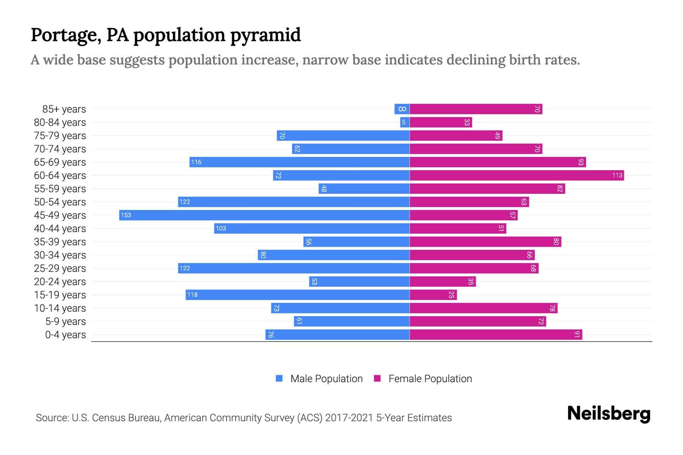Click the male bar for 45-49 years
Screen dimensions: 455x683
(264, 215)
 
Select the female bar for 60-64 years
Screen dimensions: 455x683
(516, 175)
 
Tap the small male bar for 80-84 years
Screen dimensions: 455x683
(404, 122)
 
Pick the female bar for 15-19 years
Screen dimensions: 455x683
(433, 295)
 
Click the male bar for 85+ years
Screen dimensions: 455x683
(402, 109)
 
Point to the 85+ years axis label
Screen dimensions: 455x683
(64, 109)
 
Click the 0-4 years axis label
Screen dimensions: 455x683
(65, 335)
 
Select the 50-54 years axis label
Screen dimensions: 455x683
(60, 202)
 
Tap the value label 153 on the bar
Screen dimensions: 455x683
(126, 215)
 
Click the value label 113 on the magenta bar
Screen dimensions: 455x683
(617, 175)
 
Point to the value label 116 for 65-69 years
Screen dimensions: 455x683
(196, 162)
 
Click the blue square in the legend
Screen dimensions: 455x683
(279, 378)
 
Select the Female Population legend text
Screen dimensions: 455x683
(430, 379)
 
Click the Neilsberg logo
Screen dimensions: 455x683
(609, 414)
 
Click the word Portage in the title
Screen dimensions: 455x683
(66, 35)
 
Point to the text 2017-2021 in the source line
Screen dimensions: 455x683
(349, 418)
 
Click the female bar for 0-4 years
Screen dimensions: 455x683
(496, 334)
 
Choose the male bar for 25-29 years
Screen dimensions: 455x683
(294, 268)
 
